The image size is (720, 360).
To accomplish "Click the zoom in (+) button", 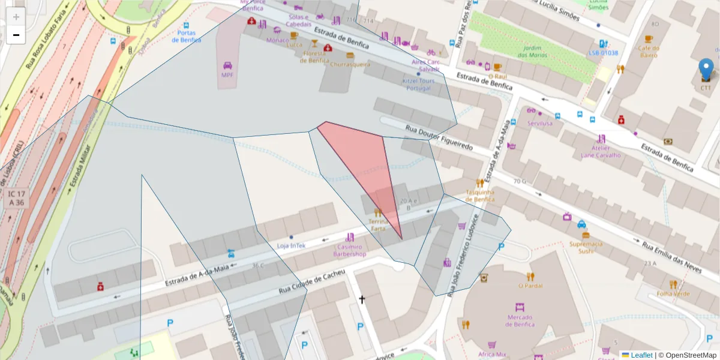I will click(16, 17).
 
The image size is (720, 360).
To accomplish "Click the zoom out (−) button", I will click(16, 35).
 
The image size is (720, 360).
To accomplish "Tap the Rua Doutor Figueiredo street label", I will click(439, 137).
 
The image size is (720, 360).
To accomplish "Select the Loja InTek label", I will click(291, 245).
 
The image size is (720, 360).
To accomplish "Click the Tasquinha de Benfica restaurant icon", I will click(480, 182).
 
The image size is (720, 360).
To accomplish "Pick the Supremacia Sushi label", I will click(586, 247).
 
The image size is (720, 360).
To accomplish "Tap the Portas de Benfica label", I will click(186, 36).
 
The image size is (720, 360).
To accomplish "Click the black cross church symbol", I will click(362, 299).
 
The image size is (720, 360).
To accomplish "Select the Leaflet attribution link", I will click(641, 355).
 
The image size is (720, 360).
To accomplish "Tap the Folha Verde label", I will click(673, 293).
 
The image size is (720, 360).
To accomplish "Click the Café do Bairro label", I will click(647, 51).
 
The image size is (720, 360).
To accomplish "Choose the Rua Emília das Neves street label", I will click(671, 257).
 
